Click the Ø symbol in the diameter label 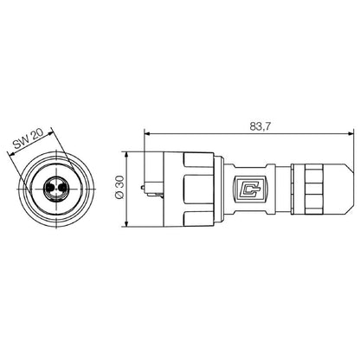119,199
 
